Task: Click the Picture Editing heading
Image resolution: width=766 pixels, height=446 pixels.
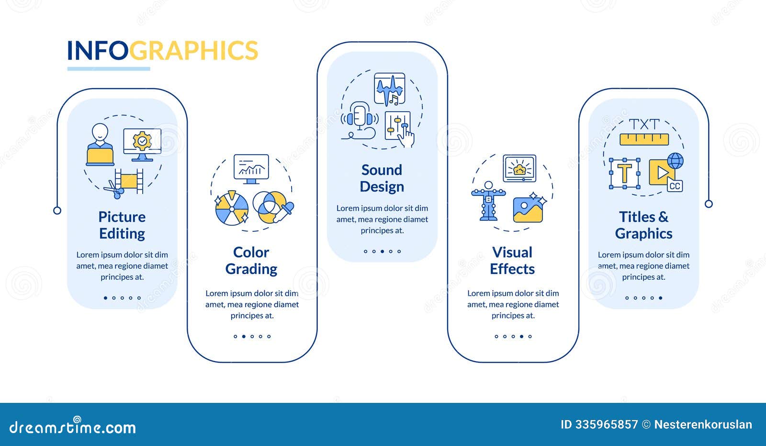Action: [122, 225]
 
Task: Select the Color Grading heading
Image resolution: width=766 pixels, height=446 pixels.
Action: [251, 261]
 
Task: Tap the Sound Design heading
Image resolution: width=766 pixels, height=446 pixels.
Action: [382, 178]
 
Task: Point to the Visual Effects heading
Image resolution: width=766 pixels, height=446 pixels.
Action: [512, 261]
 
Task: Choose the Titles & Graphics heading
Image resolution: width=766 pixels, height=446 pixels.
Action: [643, 225]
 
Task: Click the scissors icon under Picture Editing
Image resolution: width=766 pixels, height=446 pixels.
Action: [114, 189]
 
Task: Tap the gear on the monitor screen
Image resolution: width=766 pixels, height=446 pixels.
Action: [142, 141]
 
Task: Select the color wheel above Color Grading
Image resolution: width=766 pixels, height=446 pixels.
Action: [232, 208]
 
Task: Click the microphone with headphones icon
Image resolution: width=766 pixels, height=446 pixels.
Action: [360, 120]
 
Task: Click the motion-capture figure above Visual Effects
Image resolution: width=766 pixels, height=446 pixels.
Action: [488, 201]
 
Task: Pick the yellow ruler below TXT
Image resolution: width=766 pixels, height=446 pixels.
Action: [644, 139]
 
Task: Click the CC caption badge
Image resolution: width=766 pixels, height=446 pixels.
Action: [675, 186]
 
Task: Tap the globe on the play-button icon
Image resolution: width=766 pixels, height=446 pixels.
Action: [676, 160]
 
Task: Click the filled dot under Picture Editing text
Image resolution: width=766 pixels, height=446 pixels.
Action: [105, 298]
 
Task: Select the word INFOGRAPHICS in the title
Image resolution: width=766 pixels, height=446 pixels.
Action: [162, 50]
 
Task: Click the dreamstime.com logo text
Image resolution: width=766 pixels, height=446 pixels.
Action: [72, 426]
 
